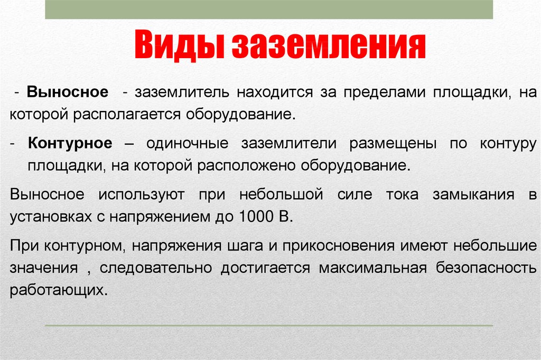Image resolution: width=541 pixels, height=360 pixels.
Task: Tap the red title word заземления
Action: click(x=329, y=45)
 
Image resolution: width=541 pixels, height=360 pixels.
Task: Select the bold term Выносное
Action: click(x=68, y=92)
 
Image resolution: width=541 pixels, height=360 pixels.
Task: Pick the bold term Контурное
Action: click(x=70, y=143)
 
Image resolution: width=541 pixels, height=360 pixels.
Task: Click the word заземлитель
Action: click(x=182, y=92)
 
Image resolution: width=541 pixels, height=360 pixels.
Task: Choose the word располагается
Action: click(x=127, y=115)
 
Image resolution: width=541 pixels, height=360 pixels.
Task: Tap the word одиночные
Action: click(x=188, y=143)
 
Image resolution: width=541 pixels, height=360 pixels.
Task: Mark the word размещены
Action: click(x=393, y=144)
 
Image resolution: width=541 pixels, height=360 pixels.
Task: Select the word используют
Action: click(x=142, y=195)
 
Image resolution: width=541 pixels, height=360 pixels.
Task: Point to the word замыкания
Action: click(x=473, y=195)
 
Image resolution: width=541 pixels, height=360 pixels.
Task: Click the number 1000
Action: click(x=256, y=217)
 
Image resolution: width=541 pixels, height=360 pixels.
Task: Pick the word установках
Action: click(x=51, y=217)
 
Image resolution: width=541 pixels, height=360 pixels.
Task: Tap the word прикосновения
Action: click(x=338, y=246)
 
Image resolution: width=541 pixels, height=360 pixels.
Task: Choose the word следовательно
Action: click(x=156, y=268)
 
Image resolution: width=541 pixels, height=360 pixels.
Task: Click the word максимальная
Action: click(x=372, y=268)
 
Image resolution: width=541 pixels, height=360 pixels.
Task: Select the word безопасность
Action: click(x=486, y=268)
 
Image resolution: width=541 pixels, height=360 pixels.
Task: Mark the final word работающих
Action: click(x=59, y=290)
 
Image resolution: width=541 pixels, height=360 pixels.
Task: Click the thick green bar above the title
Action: click(x=269, y=10)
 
